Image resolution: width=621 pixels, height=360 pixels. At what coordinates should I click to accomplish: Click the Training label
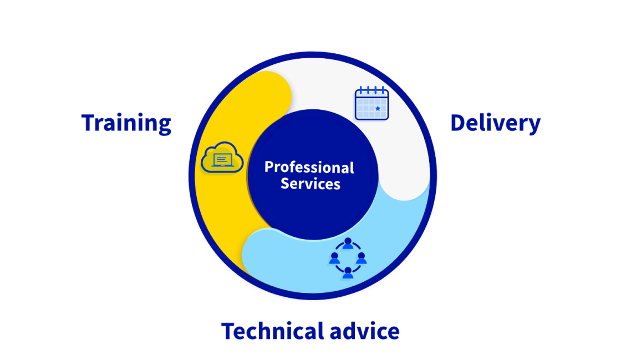coord(126,123)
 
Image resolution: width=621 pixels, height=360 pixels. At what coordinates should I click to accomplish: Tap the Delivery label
coord(495,123)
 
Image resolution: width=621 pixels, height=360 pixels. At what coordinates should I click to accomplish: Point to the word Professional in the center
coord(309,167)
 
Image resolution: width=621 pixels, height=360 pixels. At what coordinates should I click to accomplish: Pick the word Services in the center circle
coord(310,184)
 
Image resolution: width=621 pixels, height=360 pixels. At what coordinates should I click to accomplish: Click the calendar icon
coord(371,103)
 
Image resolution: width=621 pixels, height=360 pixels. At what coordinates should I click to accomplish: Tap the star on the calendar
coord(378,109)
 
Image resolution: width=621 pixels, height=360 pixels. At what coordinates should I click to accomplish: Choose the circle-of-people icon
coord(348,258)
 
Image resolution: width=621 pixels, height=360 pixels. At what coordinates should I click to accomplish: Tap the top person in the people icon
coord(348,244)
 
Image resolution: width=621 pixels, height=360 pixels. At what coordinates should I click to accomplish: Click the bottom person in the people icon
coord(348,272)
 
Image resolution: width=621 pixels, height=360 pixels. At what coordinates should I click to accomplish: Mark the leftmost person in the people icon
coord(334,258)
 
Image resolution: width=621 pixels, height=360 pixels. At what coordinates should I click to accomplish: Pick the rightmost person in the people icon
coord(361,258)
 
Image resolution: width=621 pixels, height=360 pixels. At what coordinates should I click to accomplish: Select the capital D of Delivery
coord(459,123)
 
